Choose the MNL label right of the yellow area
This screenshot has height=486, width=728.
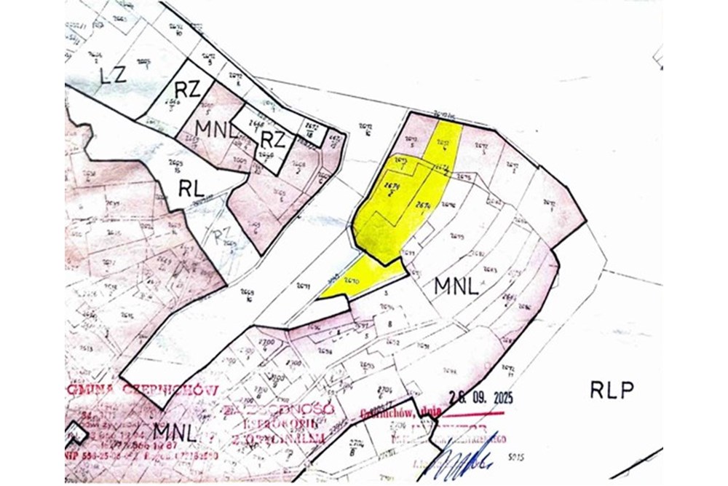[x=456, y=286]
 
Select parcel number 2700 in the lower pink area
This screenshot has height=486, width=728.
[x=266, y=342]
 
